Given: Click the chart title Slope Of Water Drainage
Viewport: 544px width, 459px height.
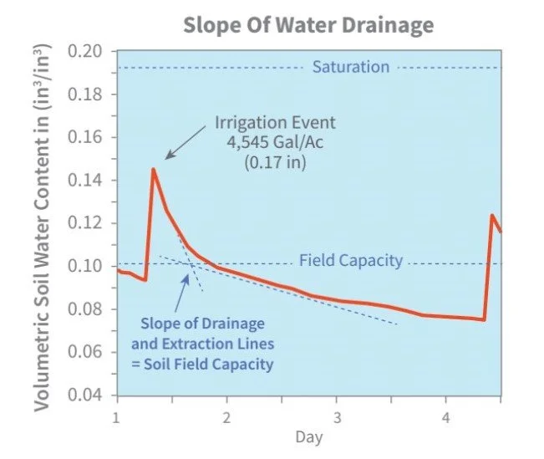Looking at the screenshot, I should pyautogui.click(x=308, y=24).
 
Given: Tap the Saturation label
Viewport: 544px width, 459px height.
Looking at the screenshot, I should pyautogui.click(x=350, y=67).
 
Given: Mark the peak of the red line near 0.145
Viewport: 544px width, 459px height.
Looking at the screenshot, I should pyautogui.click(x=153, y=169).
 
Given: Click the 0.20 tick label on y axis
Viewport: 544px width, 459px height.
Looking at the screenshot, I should pyautogui.click(x=93, y=52).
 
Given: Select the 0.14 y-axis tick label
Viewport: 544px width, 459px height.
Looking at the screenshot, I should pyautogui.click(x=93, y=181).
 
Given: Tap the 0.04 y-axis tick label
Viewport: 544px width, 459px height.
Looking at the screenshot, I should pyautogui.click(x=93, y=395).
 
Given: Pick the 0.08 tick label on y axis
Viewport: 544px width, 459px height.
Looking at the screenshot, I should pyautogui.click(x=93, y=309).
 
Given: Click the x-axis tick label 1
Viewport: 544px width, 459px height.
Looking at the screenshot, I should pyautogui.click(x=116, y=416).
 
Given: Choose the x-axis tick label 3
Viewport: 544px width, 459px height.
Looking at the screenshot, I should pyautogui.click(x=336, y=416).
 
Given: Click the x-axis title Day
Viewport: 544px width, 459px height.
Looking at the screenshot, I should pyautogui.click(x=308, y=437).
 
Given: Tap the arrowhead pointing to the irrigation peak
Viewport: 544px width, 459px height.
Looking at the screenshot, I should pyautogui.click(x=168, y=156).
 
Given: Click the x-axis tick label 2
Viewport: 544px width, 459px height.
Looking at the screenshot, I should pyautogui.click(x=226, y=416).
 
